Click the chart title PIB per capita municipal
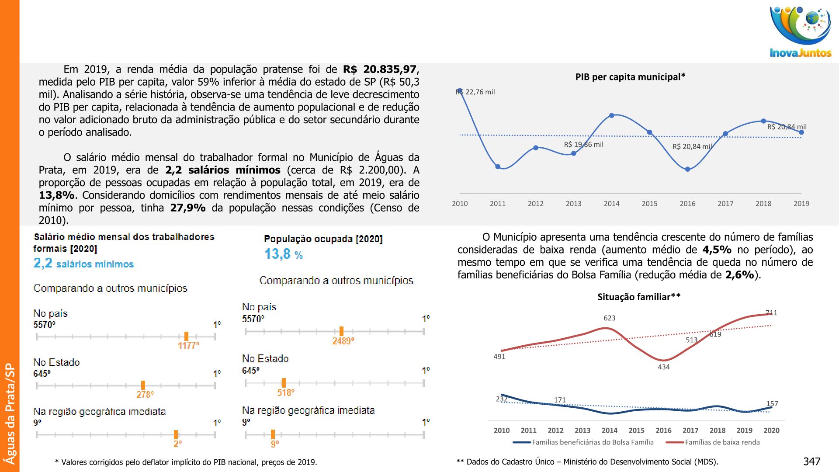(630, 77)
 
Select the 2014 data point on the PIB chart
(612, 115)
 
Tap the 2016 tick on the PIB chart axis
(687, 204)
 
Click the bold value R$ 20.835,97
(380, 69)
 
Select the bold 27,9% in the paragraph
(187, 208)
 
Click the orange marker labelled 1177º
(186, 336)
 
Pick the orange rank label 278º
(145, 395)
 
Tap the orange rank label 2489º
(343, 341)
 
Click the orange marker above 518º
(284, 383)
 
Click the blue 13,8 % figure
(283, 254)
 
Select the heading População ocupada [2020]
(323, 239)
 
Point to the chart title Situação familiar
(638, 297)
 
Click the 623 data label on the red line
(609, 318)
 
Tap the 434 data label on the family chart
(663, 367)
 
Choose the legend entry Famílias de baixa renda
(722, 442)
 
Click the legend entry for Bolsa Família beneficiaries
(592, 442)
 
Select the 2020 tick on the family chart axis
(771, 430)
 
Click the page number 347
(811, 462)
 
